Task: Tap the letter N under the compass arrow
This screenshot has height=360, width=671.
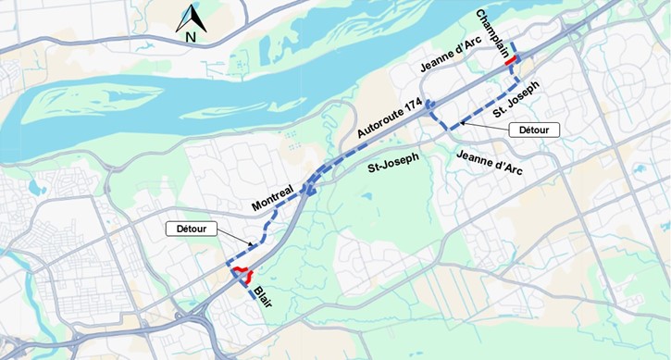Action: coord(190,37)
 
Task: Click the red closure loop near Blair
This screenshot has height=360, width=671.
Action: coord(242,274)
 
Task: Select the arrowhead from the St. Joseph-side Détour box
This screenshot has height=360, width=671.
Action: coord(461,122)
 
